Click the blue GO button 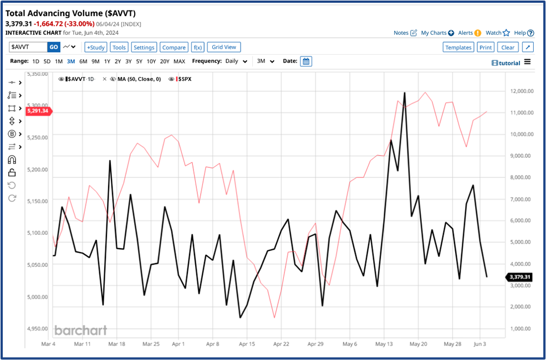click(x=53, y=47)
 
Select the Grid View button click(x=224, y=47)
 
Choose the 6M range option click(x=83, y=61)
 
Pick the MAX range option click(x=179, y=61)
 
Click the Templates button click(x=458, y=47)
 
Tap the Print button click(x=486, y=47)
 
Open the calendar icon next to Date click(x=306, y=61)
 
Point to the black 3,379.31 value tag click(x=519, y=277)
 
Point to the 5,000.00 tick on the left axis click(x=38, y=297)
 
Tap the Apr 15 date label click(x=247, y=343)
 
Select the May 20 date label click(x=418, y=343)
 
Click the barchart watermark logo click(x=80, y=330)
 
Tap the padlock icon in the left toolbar click(x=12, y=172)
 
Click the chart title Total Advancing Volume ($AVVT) click(x=71, y=13)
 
